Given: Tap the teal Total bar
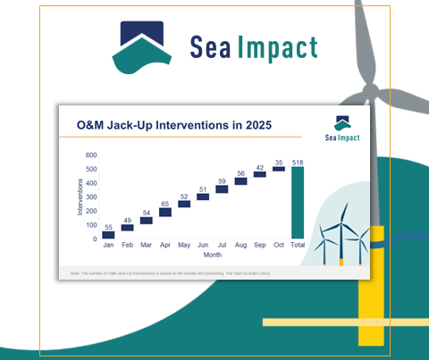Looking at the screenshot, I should click(298, 202).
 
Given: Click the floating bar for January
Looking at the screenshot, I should click(109, 234).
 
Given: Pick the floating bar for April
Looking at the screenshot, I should click(165, 213).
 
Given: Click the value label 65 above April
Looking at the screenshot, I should click(165, 204).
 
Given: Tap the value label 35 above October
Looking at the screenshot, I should click(279, 163).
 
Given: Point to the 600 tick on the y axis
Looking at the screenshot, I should click(91, 155).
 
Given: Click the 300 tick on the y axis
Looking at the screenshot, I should click(91, 197).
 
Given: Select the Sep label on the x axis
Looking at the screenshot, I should click(260, 244).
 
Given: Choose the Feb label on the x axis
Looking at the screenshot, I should click(128, 244).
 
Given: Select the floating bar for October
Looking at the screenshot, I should click(279, 169).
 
